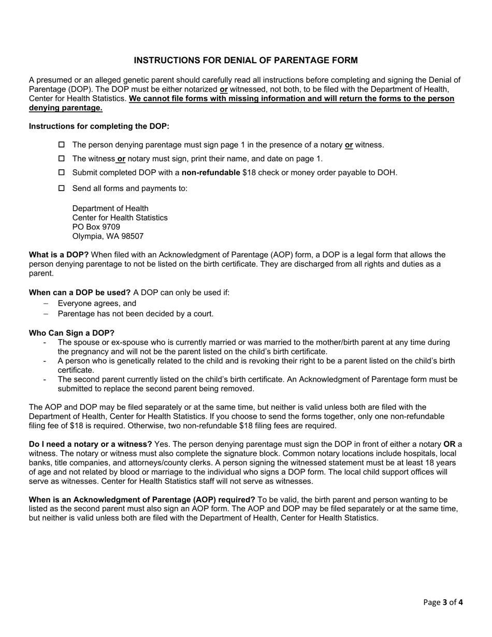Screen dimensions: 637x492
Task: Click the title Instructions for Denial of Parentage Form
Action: click(x=245, y=61)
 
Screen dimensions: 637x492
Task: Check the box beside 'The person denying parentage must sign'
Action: click(x=62, y=144)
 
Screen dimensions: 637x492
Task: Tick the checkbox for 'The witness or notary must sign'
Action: click(x=62, y=158)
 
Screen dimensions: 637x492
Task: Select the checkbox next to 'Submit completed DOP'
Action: click(x=62, y=172)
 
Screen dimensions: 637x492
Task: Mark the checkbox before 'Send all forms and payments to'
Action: click(x=62, y=189)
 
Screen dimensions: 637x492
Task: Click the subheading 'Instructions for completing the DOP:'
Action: click(x=99, y=126)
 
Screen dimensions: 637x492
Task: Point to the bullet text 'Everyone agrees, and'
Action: click(x=97, y=303)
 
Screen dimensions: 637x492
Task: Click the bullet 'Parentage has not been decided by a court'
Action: click(x=135, y=313)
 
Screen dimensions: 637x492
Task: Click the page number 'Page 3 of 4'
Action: click(x=443, y=602)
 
